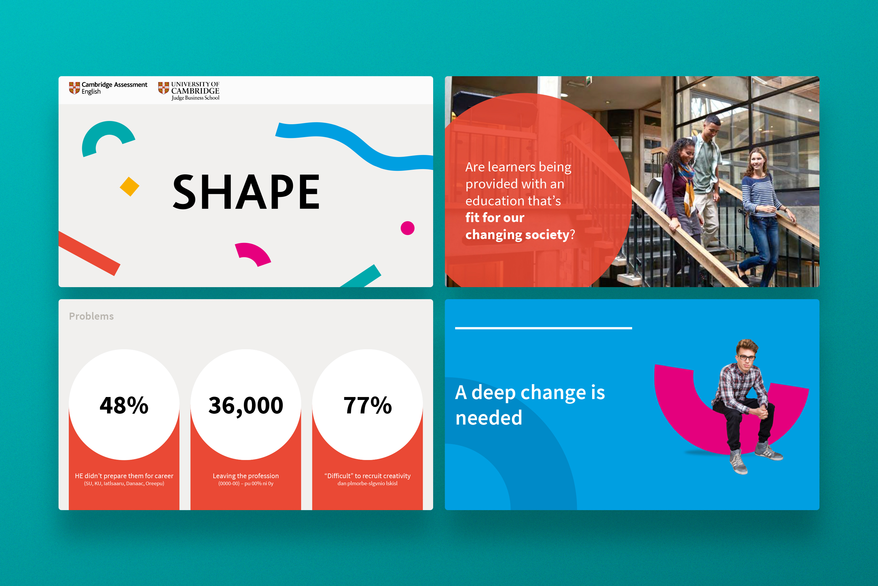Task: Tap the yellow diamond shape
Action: click(x=130, y=186)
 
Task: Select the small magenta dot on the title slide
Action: click(x=407, y=228)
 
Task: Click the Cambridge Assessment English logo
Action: click(x=108, y=88)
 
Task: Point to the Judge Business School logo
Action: click(x=189, y=91)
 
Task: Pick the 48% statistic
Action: click(x=124, y=405)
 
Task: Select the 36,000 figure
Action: click(x=246, y=406)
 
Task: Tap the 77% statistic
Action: click(x=368, y=405)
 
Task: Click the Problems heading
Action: click(x=91, y=316)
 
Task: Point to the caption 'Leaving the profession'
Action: click(x=246, y=476)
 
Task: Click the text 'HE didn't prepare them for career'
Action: click(x=124, y=476)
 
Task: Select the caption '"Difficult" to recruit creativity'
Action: click(x=368, y=476)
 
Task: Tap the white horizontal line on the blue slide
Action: click(x=543, y=328)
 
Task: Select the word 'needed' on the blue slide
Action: click(x=489, y=418)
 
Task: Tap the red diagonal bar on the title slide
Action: click(x=89, y=253)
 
